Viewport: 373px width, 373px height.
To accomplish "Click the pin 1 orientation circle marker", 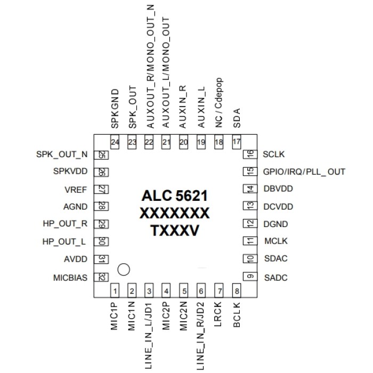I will coord(124,270).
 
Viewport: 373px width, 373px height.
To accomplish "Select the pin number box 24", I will coord(115,142).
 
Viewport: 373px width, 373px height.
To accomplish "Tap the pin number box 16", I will coord(248,155).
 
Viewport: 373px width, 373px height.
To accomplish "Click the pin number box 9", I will coord(248,277).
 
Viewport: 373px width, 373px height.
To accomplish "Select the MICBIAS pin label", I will coord(70,277).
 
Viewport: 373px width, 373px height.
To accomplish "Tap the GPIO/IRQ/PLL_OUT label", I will coord(304,172).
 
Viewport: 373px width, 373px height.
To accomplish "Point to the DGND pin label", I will coord(275,224).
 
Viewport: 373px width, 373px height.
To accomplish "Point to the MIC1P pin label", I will coord(115,317).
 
